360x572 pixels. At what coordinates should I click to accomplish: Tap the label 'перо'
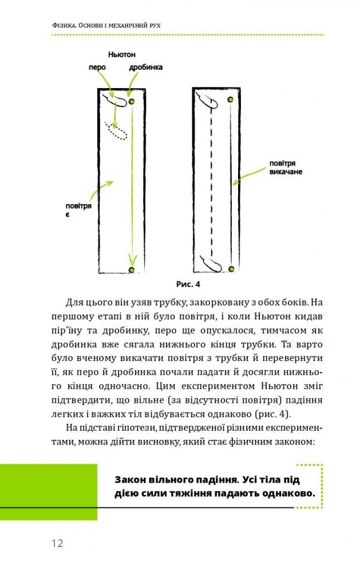(x=97, y=67)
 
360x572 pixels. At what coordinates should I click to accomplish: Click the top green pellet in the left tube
(x=132, y=101)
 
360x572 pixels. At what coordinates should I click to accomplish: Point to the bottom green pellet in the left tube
(x=132, y=269)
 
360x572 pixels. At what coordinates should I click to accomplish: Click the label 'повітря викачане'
(x=286, y=168)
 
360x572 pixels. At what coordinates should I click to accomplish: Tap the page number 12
(x=57, y=543)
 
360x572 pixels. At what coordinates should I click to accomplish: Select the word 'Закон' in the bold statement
(x=131, y=479)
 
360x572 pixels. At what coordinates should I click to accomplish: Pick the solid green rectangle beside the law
(x=49, y=492)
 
